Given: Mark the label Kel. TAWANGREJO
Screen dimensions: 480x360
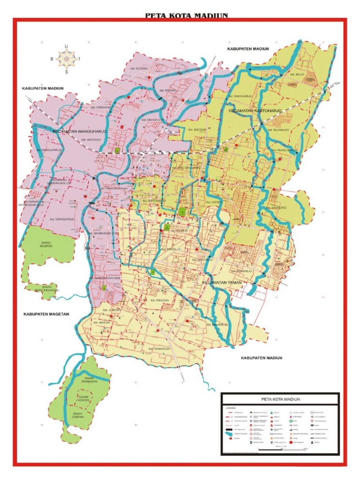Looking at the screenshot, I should pos(240,97).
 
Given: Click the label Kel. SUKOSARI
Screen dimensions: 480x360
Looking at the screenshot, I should pos(196,130).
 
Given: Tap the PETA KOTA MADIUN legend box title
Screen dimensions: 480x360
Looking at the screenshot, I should pos(279,398).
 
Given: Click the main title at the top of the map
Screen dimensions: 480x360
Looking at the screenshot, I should pos(186,15).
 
